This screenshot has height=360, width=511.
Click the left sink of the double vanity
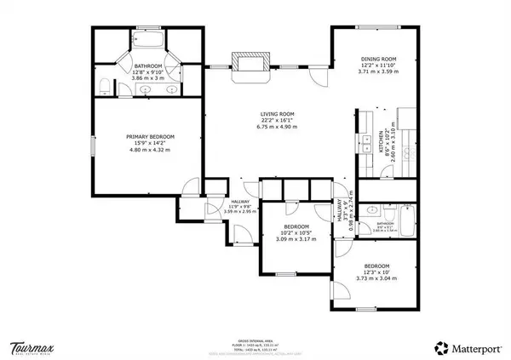coord(146,89)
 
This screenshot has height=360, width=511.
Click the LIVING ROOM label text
coord(278,113)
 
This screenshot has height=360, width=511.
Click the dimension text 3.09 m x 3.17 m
coord(295,239)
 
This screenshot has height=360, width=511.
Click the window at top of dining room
coord(375,27)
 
